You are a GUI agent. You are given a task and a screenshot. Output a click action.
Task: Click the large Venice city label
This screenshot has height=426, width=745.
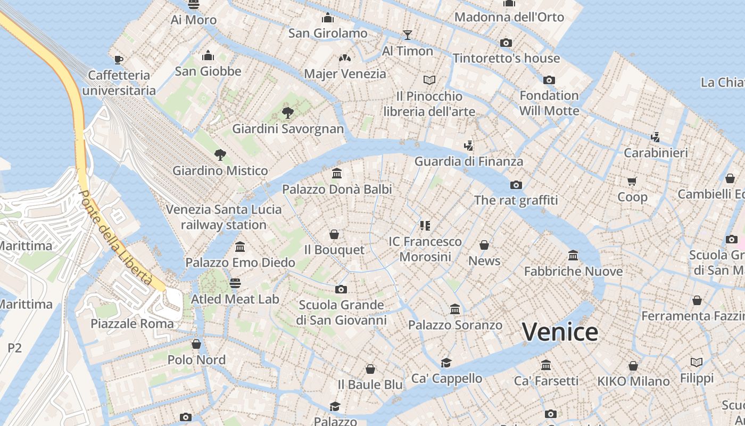coord(560,332)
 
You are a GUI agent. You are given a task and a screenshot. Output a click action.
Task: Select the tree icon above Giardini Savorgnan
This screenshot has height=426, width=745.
coord(288,112)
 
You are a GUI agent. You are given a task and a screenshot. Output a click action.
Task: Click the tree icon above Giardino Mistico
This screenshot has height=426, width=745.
coord(220,155)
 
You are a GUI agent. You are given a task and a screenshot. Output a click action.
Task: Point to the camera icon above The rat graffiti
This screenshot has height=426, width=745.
coord(516,185)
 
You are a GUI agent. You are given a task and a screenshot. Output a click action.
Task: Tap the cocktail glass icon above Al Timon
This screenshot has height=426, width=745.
coord(408,35)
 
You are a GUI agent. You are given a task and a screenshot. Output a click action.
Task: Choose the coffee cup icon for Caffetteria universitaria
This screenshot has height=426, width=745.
coord(119,59)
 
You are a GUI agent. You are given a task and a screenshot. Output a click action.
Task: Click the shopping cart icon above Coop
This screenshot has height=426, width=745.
coord(632,181)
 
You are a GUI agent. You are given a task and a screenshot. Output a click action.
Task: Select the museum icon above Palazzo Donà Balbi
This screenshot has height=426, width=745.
coord(337,173)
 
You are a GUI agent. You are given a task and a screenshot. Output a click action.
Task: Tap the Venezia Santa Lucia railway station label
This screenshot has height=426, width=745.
coord(223,217)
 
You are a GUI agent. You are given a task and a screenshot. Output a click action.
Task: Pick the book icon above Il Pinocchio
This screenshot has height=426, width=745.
coord(429,80)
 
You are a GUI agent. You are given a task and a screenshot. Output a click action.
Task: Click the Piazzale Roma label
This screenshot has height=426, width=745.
coord(132,323)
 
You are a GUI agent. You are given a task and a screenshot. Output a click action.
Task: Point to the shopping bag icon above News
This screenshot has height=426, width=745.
coord(484,245)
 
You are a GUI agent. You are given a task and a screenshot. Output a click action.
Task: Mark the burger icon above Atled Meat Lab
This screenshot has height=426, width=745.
coord(235,283)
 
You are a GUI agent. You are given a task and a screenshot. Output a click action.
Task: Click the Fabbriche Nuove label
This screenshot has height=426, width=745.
coord(573,271)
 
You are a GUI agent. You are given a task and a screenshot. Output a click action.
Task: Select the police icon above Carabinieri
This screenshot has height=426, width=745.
coord(656,137)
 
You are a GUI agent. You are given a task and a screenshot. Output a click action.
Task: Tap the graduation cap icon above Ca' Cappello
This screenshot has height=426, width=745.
coord(446,363)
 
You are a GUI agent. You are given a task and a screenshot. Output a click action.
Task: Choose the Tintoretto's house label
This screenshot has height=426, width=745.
coord(506,58)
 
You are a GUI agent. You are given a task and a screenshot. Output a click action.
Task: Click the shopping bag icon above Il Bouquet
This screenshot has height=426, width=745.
coord(334,234)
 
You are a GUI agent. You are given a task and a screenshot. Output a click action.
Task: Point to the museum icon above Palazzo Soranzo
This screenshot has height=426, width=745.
coord(455,309)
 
